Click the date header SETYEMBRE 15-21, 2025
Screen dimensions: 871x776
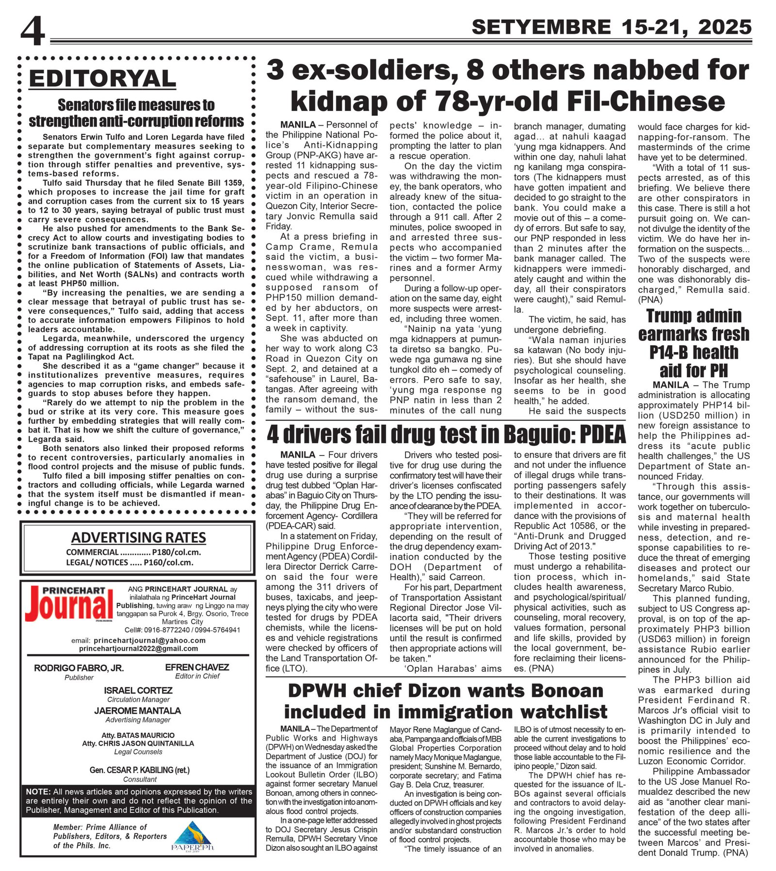[x=611, y=27]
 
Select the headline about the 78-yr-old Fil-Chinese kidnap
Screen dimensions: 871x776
[x=507, y=86]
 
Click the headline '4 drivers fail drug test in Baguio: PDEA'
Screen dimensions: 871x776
[x=446, y=435]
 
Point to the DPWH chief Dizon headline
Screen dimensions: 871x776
[x=445, y=701]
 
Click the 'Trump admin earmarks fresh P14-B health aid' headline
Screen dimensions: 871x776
[x=694, y=343]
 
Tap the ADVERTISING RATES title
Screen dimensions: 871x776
[x=138, y=537]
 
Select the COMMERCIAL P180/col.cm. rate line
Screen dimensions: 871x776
[x=133, y=552]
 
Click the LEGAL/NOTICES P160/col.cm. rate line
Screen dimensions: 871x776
[x=129, y=563]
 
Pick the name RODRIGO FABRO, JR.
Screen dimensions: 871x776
[x=79, y=668]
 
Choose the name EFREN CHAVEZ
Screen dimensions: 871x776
[x=197, y=667]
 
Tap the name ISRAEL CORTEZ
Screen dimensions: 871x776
[x=138, y=690]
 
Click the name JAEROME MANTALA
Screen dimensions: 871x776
[x=138, y=710]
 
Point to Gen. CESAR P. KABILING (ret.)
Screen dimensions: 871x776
[x=139, y=770]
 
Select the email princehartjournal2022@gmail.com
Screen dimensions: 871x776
[x=138, y=648]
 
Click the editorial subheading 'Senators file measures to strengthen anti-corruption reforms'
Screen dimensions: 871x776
[x=136, y=113]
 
